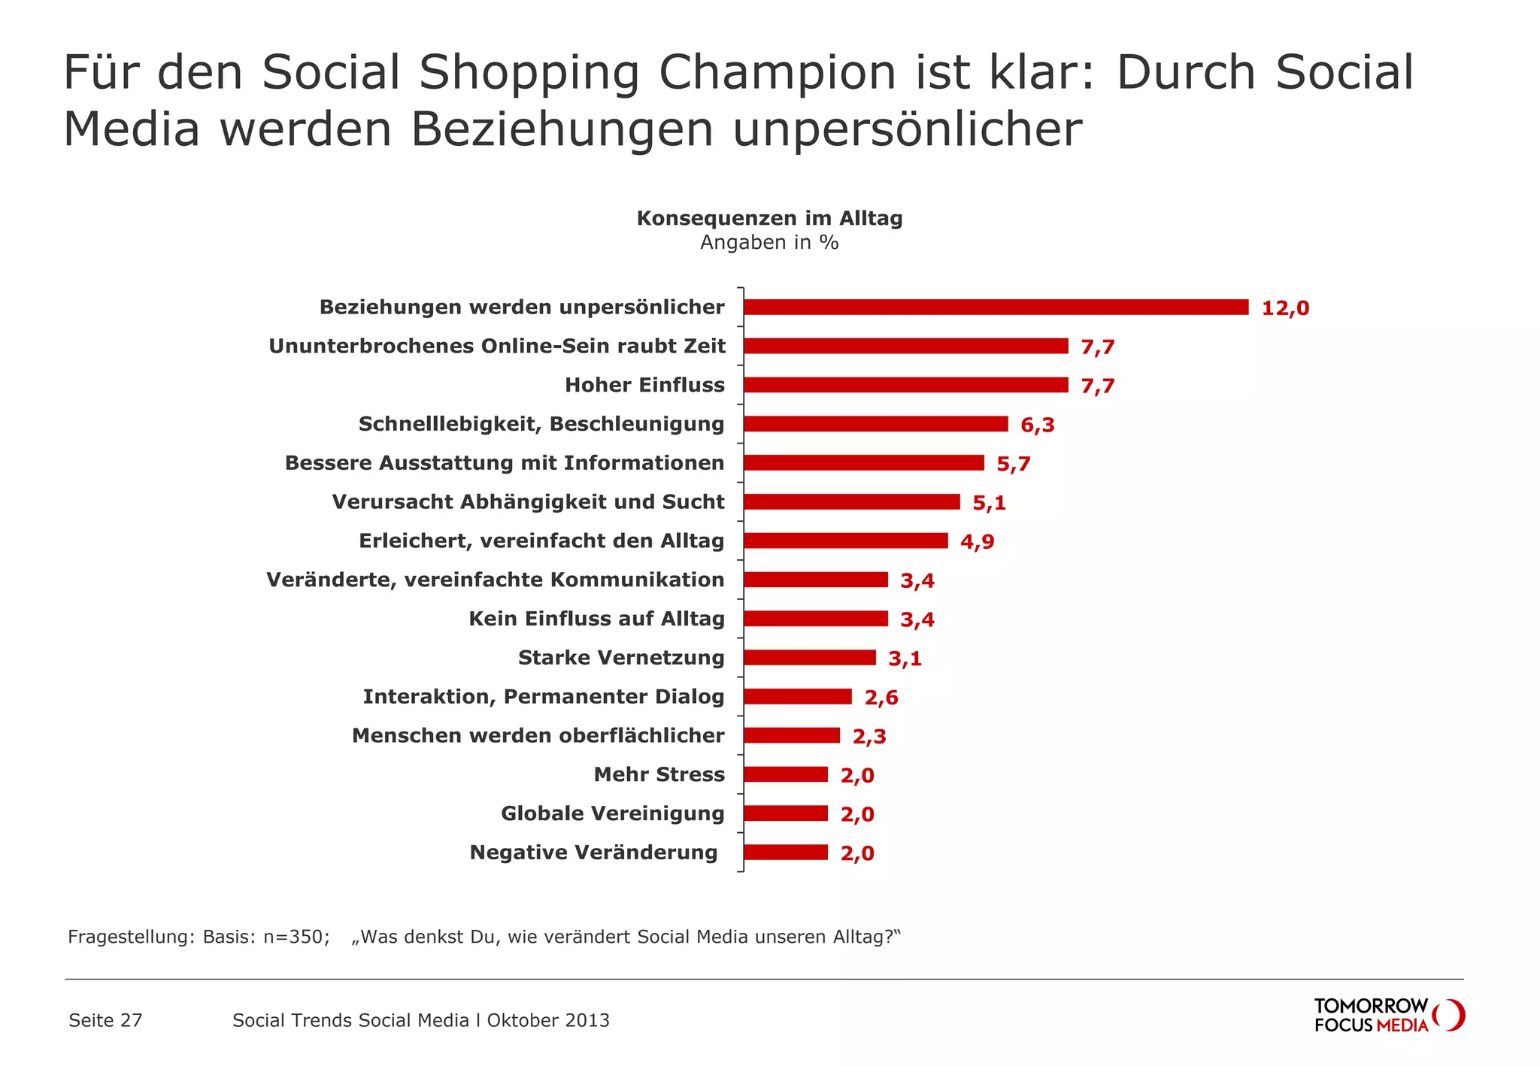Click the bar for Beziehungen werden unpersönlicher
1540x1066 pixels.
(x=996, y=307)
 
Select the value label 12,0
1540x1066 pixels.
(x=1285, y=308)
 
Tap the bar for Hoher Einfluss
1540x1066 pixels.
(x=905, y=385)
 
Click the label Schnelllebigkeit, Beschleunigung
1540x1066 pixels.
(x=541, y=424)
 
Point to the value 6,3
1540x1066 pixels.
(x=1037, y=425)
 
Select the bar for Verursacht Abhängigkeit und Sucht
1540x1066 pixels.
(x=851, y=501)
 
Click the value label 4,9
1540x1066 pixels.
(x=977, y=542)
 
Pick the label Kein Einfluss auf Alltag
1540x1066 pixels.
(x=596, y=619)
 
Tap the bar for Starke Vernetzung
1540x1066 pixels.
(x=809, y=658)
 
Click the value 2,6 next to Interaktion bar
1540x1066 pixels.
(x=881, y=698)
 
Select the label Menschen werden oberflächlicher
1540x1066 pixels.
(x=538, y=735)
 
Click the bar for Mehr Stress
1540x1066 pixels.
(x=785, y=774)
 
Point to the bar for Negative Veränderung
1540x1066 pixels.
(x=785, y=852)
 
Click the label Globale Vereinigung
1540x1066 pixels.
(x=613, y=813)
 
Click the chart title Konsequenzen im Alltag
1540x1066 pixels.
(x=769, y=219)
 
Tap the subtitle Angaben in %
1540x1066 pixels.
(x=769, y=243)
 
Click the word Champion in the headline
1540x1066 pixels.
(x=778, y=73)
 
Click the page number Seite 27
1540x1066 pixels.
(x=105, y=1020)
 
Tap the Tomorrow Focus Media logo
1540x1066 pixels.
(x=1388, y=1015)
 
